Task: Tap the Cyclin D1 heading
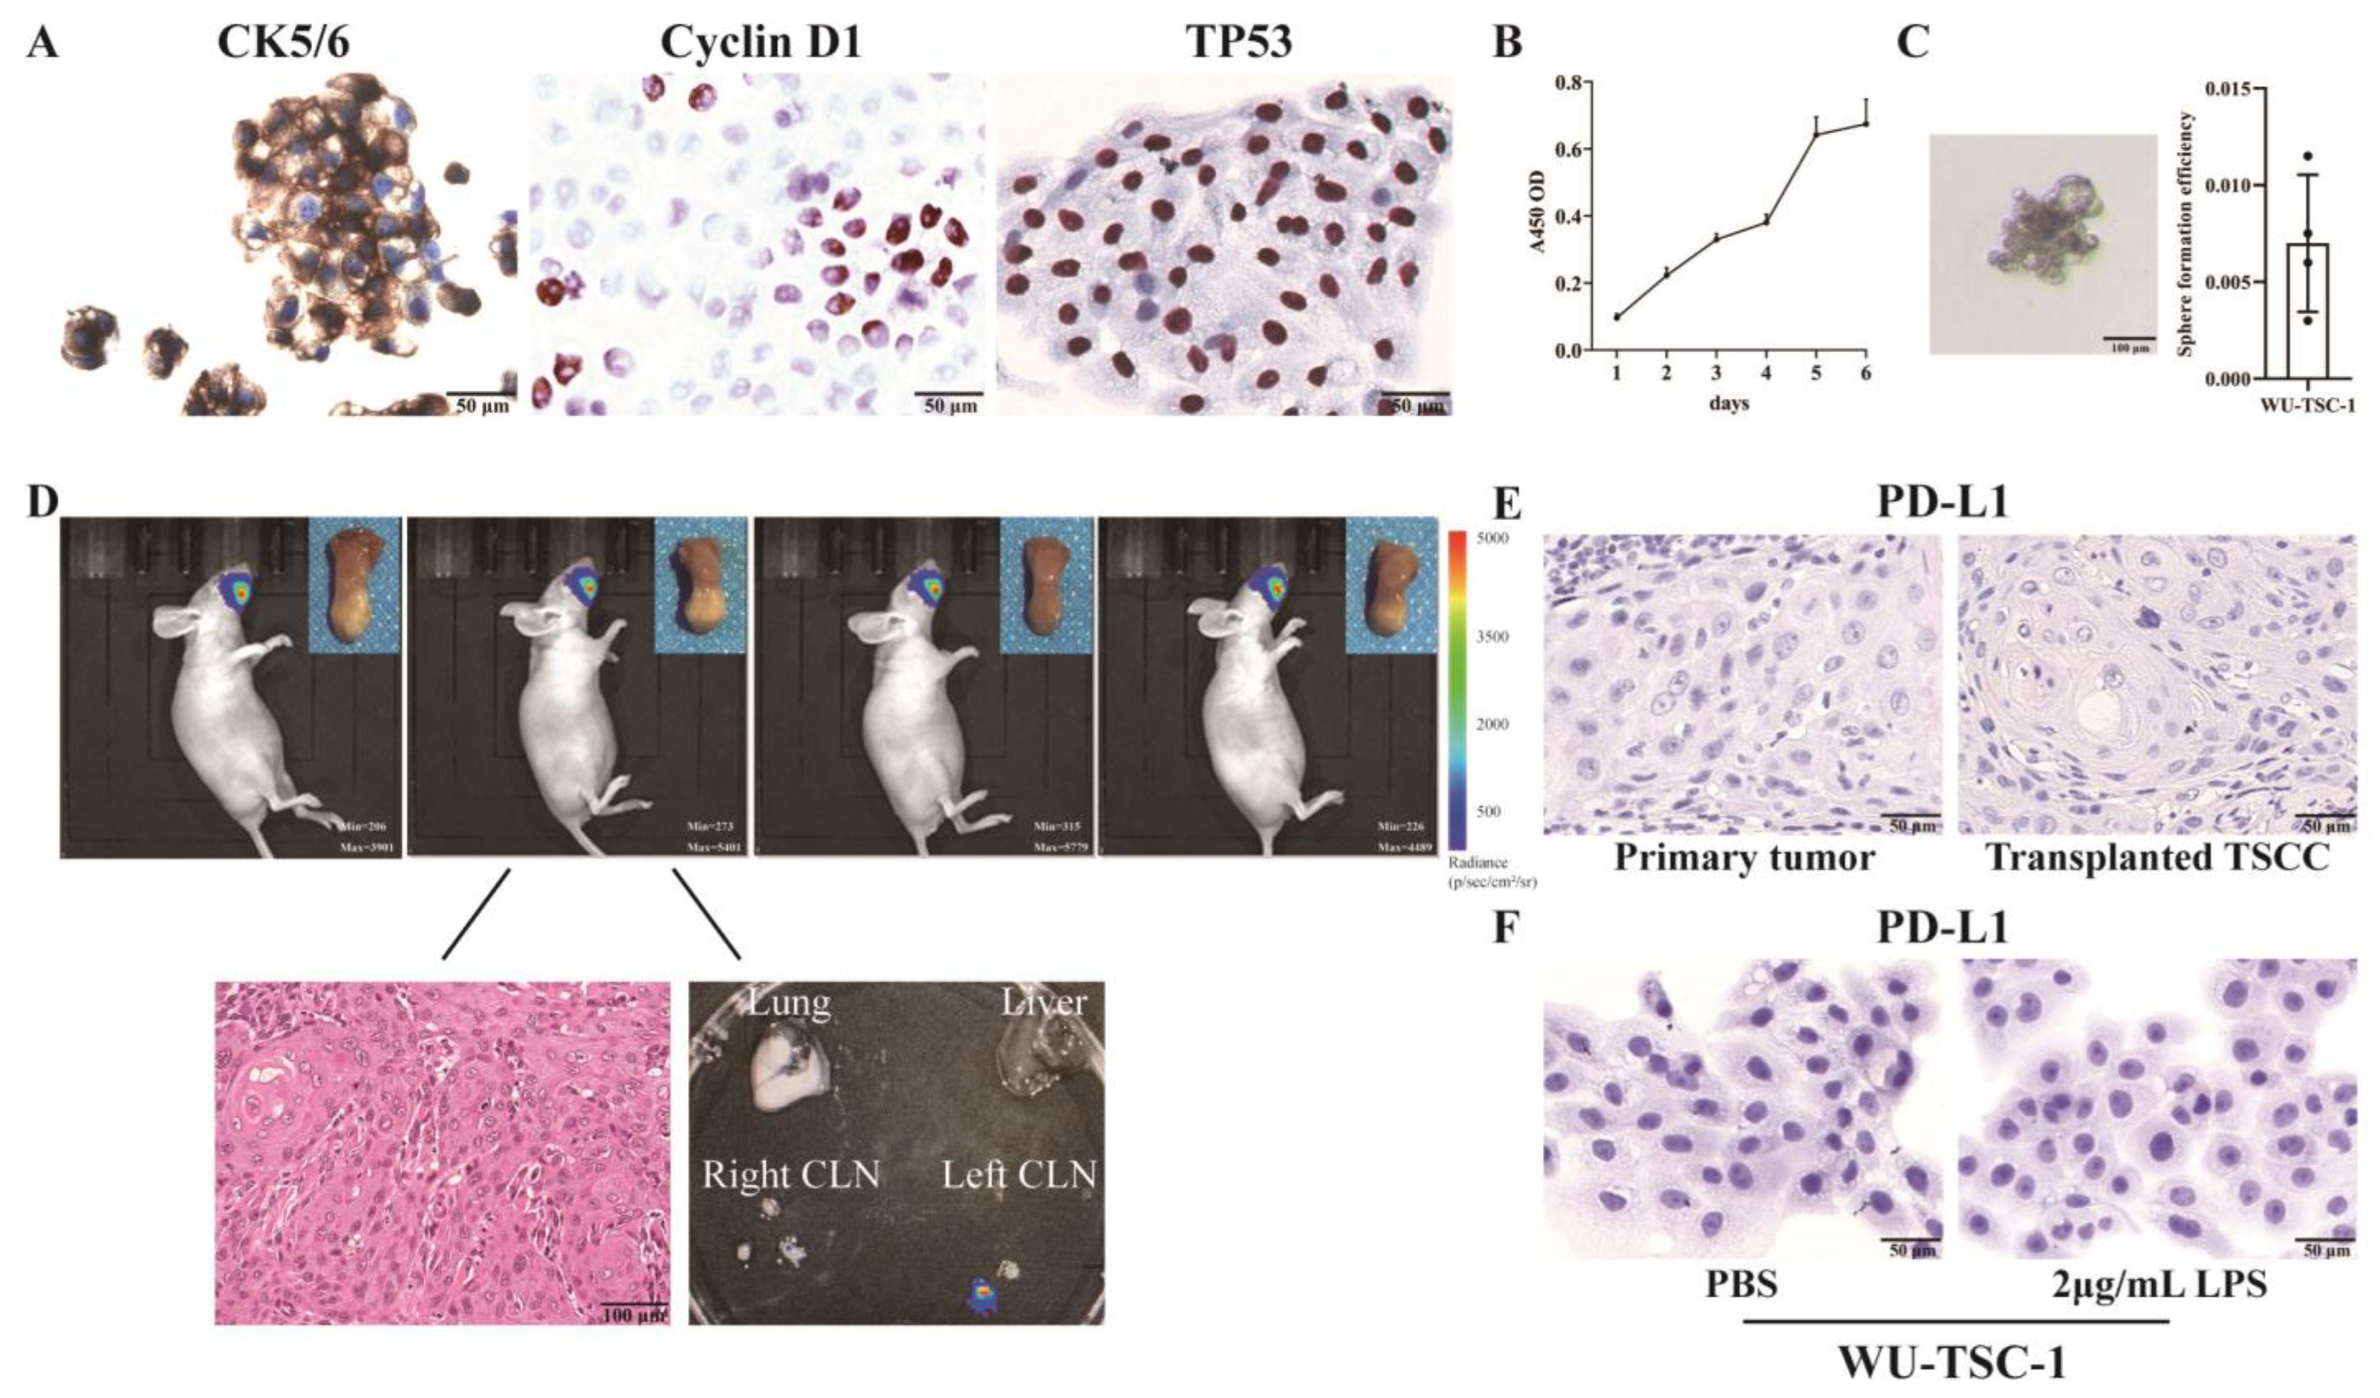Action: click(x=761, y=43)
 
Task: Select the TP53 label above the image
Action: click(x=1240, y=43)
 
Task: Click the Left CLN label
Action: click(x=1019, y=1175)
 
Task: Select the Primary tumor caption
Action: click(x=1743, y=858)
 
